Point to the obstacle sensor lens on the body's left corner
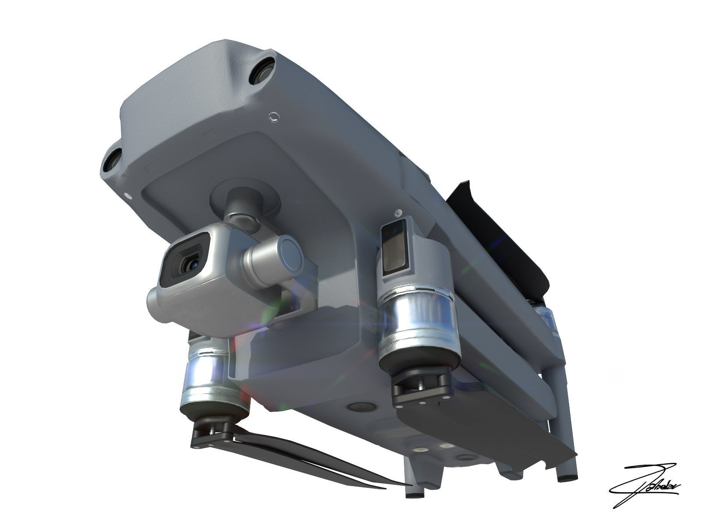(x=111, y=159)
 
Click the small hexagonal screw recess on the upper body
(x=273, y=117)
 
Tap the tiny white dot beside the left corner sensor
(x=127, y=196)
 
